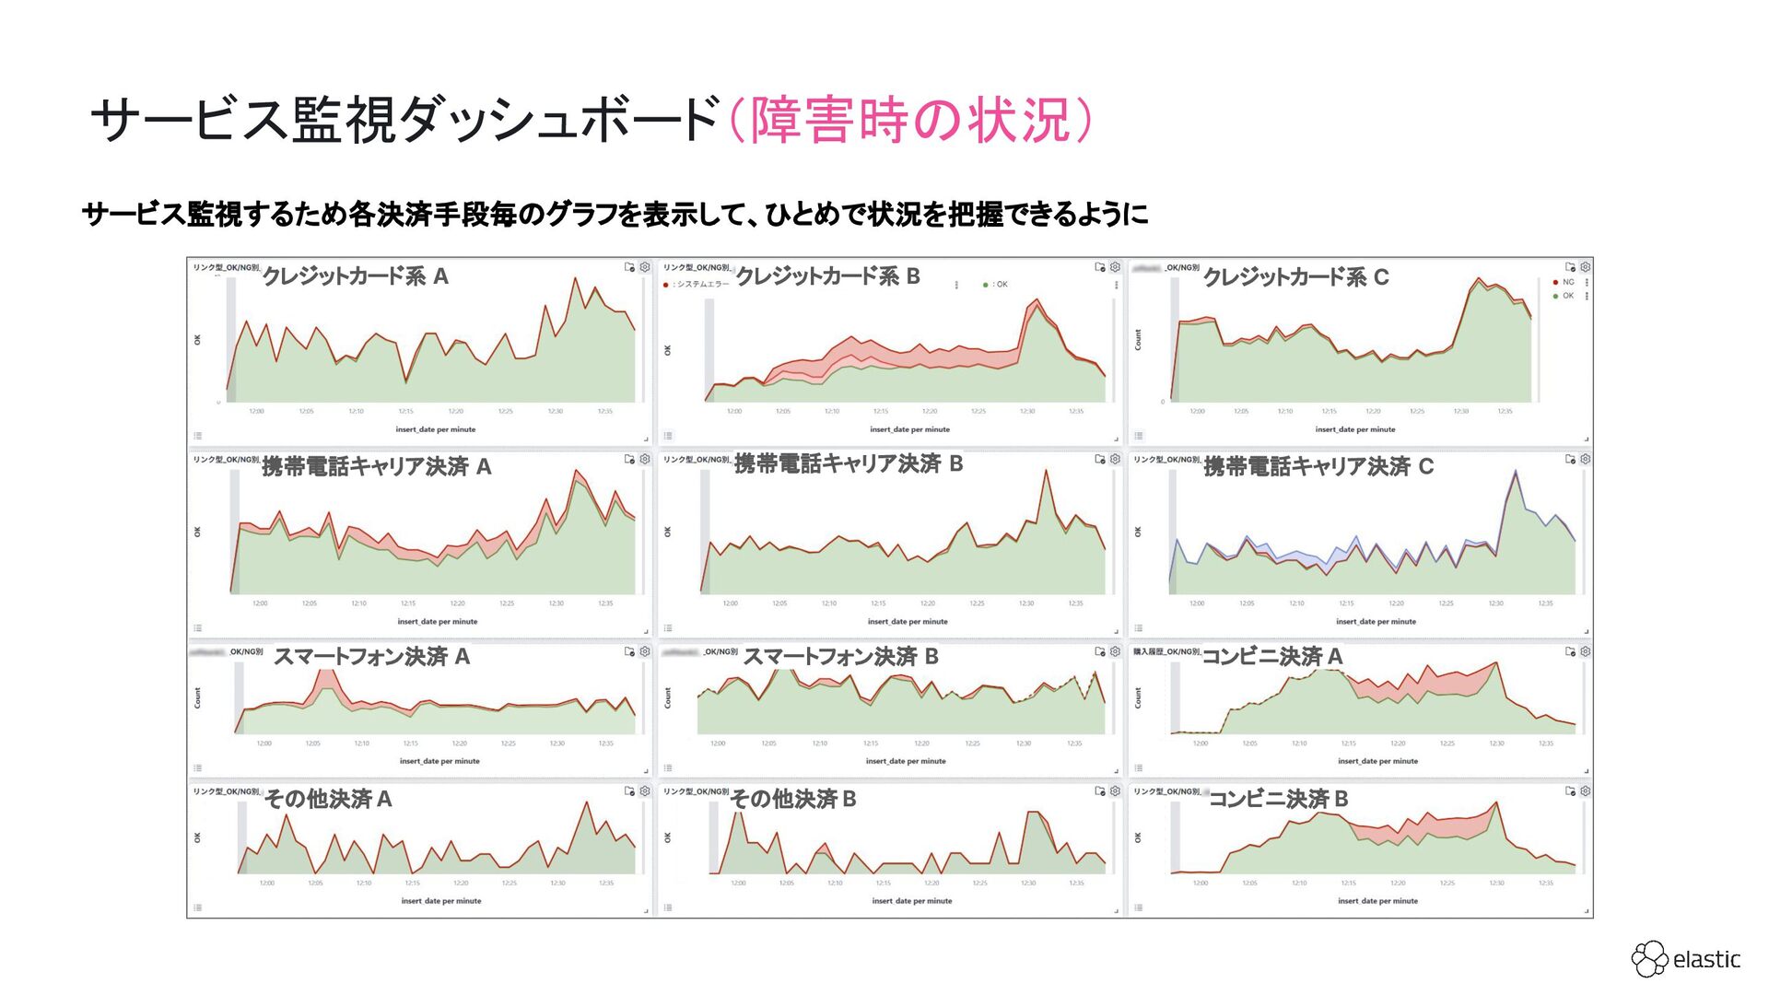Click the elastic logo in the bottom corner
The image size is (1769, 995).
(1686, 959)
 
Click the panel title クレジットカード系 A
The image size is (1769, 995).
(355, 276)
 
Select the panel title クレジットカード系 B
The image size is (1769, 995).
(827, 276)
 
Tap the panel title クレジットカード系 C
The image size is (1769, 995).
(1295, 277)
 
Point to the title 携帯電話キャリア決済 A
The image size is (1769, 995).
(376, 467)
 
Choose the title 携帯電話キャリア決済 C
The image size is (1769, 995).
(1318, 467)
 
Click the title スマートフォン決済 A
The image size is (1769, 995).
(371, 657)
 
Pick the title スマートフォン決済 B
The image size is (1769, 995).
(840, 657)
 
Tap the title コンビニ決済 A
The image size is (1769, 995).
(1271, 657)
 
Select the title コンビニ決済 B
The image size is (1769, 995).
(1278, 799)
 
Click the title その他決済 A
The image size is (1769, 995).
(328, 799)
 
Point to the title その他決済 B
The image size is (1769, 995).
(793, 799)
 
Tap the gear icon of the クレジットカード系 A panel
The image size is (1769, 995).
(645, 267)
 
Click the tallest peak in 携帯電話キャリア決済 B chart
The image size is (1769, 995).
(1046, 471)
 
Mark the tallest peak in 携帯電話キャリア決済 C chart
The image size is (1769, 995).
(1516, 472)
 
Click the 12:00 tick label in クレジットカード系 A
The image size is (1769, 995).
(256, 411)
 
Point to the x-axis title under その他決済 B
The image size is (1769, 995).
(911, 901)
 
